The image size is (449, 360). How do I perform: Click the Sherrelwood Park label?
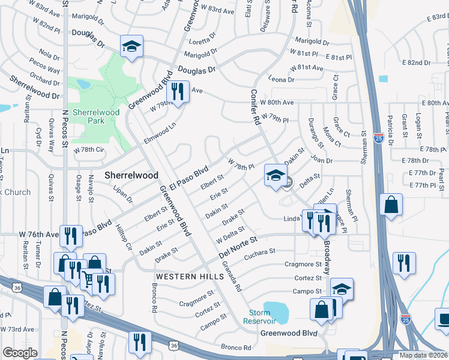pyautogui.click(x=96, y=116)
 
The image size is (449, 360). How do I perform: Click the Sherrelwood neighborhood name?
pyautogui.click(x=131, y=175)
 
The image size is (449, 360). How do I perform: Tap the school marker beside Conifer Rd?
pyautogui.click(x=275, y=175)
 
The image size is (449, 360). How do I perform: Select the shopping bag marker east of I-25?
pyautogui.click(x=391, y=204)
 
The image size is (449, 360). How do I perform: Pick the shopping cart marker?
pyautogui.click(x=87, y=279)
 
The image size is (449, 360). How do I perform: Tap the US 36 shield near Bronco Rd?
pyautogui.click(x=174, y=346)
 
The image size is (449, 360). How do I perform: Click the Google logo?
pyautogui.click(x=20, y=353)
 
